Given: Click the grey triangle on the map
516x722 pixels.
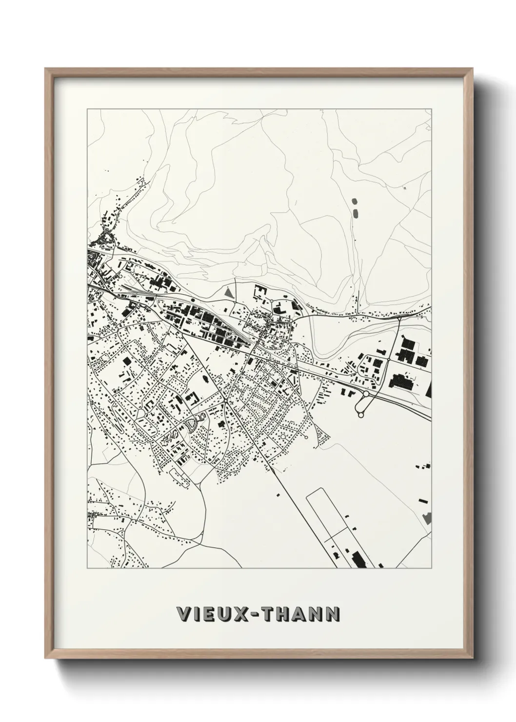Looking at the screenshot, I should (x=229, y=294).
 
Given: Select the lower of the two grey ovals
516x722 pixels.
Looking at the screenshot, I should (x=355, y=212).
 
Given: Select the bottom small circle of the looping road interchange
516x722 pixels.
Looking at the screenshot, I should (x=361, y=415).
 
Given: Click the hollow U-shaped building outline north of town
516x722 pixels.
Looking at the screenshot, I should (x=259, y=292).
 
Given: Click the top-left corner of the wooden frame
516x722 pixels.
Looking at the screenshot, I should (x=46, y=69).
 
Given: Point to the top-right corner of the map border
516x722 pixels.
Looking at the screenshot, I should (x=432, y=109).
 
